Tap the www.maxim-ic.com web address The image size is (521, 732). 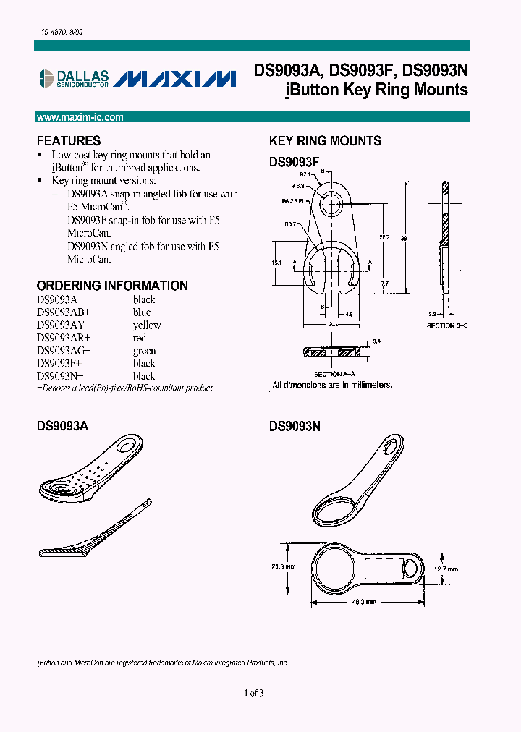(80, 117)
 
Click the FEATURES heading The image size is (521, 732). (69, 141)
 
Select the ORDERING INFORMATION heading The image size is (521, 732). (112, 286)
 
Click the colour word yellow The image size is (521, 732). (147, 325)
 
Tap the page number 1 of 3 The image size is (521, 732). (254, 693)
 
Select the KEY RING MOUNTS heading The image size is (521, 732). (325, 141)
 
